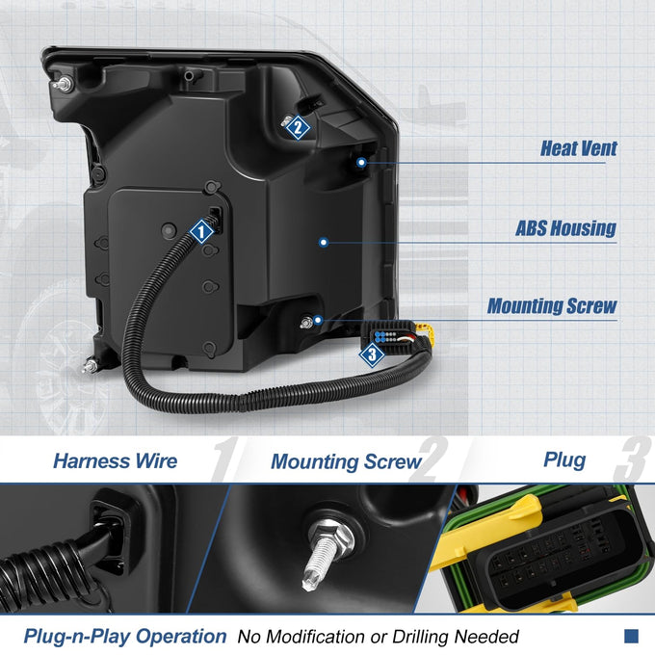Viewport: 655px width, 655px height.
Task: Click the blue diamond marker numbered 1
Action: tap(201, 231)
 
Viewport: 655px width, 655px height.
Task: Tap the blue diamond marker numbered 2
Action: tap(298, 127)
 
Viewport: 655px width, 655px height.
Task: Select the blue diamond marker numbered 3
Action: tap(372, 354)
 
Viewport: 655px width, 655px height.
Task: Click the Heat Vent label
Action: tap(579, 148)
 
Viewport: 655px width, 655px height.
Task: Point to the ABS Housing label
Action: tap(566, 228)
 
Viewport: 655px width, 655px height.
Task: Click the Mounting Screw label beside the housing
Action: tap(552, 305)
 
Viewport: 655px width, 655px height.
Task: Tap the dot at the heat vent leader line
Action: tap(362, 163)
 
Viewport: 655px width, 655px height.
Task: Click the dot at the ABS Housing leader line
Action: tap(324, 243)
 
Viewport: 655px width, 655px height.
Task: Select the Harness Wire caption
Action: tap(116, 460)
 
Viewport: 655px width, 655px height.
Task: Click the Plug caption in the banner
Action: tap(564, 460)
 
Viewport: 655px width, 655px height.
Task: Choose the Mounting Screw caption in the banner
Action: tap(346, 461)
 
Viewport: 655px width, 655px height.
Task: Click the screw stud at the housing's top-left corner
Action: tap(63, 85)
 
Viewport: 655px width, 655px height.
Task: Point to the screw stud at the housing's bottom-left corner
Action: tap(90, 366)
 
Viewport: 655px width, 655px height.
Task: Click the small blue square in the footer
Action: tap(631, 636)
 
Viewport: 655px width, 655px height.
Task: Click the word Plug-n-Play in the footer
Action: tap(77, 637)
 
